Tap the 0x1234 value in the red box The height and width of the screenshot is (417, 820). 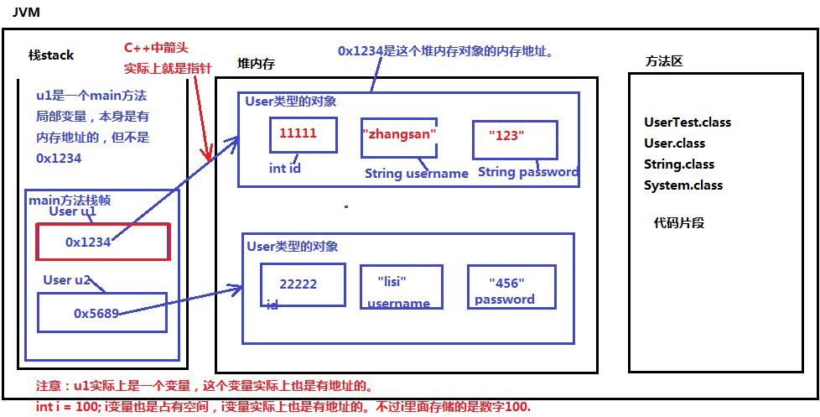(x=88, y=242)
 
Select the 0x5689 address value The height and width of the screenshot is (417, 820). (x=96, y=313)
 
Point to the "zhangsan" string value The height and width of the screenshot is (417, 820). (x=400, y=133)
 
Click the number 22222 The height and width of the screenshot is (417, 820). (x=298, y=284)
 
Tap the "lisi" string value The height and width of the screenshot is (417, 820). (x=397, y=280)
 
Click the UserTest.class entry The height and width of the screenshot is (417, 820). (x=688, y=122)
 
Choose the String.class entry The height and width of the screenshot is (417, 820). (x=679, y=164)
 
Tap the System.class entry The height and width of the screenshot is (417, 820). (x=683, y=185)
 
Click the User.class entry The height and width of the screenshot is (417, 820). (x=675, y=143)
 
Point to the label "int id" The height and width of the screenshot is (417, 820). (x=285, y=168)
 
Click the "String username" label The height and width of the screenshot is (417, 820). (x=417, y=174)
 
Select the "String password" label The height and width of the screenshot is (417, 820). (x=528, y=172)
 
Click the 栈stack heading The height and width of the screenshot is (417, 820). (x=51, y=55)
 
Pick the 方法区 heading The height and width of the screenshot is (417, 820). (x=664, y=61)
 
